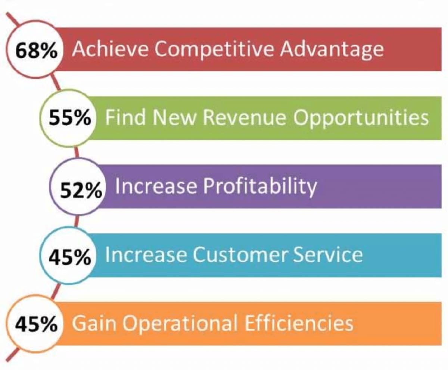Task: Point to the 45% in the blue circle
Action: [70, 256]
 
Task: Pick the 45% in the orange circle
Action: [36, 324]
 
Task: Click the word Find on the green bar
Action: [124, 117]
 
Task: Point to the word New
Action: [174, 117]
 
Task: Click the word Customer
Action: [242, 254]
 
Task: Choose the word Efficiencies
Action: [299, 323]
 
